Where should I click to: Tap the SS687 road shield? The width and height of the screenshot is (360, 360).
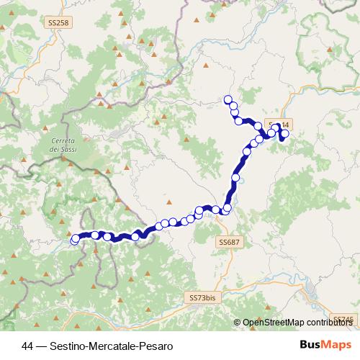point(228,243)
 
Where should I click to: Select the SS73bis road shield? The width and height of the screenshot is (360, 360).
point(202,297)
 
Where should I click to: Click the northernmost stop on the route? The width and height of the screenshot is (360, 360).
point(228,99)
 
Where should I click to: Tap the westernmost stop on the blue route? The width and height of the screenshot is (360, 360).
point(75,239)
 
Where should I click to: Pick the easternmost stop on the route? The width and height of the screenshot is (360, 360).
point(285,133)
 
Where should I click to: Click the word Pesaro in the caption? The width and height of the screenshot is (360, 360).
point(158,346)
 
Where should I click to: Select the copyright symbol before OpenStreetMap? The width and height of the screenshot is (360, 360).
point(237,323)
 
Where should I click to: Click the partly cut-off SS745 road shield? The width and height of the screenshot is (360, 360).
point(348,319)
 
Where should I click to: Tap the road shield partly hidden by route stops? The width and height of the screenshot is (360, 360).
point(274,123)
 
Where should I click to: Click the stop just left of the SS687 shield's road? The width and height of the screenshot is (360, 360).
point(227,209)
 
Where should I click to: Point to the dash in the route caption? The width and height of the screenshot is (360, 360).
point(42,346)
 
